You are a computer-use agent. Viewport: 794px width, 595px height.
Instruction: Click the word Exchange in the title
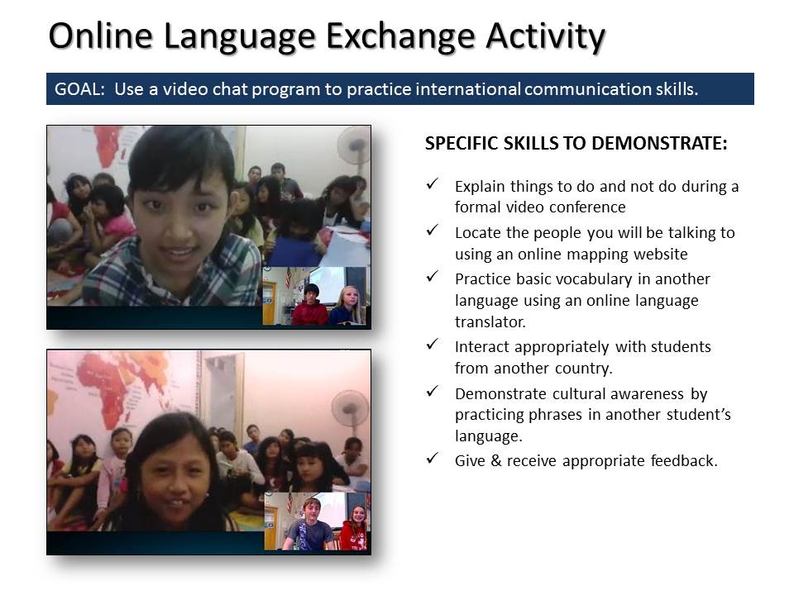pos(400,36)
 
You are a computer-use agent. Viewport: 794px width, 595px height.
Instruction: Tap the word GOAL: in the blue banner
pos(79,89)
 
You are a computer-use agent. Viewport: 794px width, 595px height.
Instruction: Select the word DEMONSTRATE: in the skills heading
pos(659,143)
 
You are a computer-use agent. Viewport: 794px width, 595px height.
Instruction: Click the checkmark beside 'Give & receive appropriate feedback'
pos(432,459)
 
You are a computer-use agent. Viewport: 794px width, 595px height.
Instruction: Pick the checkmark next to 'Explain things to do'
pos(432,183)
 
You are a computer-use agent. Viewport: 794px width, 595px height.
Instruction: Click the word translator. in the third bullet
pos(490,321)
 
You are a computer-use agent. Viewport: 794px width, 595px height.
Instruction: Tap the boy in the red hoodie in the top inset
pos(310,305)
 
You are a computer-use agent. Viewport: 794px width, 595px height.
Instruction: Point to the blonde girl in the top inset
pos(347,305)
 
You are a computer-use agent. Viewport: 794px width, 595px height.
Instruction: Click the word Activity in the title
pos(545,36)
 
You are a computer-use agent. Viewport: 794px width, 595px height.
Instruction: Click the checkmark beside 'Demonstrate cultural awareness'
pos(432,391)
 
